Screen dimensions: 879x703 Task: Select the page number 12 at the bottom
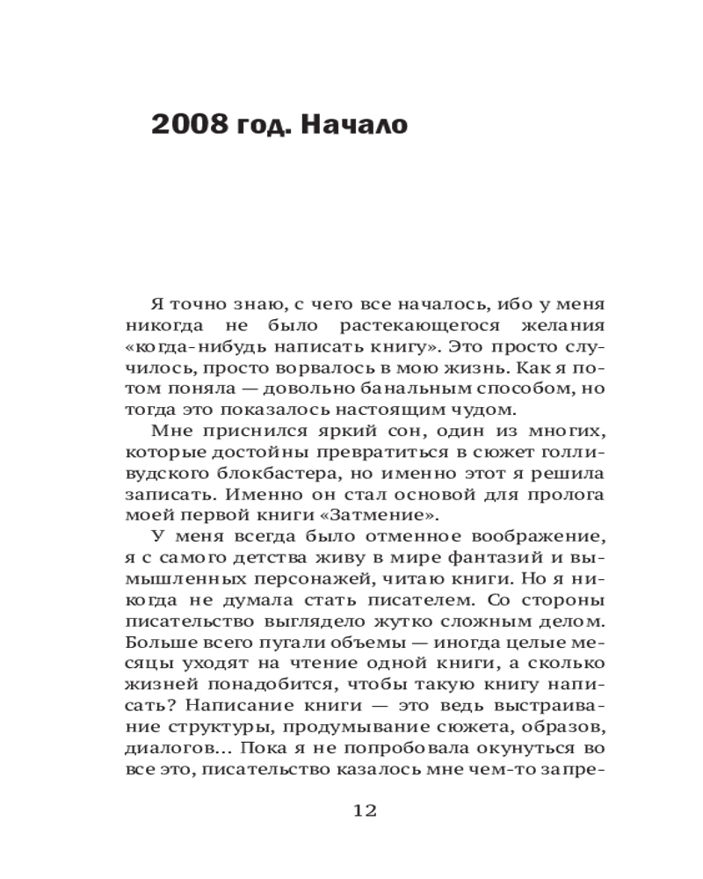pos(364,810)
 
